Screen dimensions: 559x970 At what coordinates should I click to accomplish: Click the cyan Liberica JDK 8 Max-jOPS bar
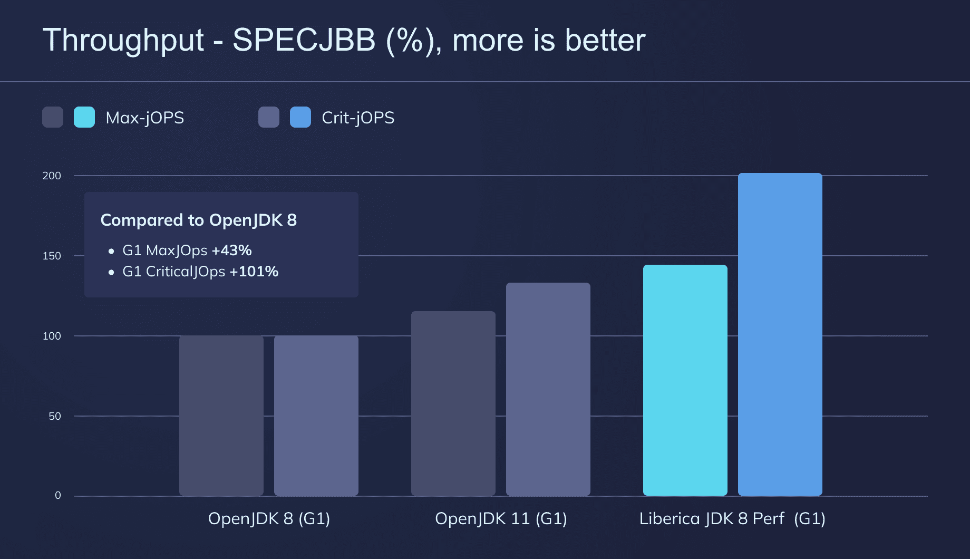click(685, 380)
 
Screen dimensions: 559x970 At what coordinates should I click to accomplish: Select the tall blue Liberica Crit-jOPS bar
click(780, 334)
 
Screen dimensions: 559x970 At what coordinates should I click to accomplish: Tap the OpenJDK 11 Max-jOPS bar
click(453, 403)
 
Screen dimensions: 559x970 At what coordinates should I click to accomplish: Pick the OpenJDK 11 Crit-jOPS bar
click(548, 389)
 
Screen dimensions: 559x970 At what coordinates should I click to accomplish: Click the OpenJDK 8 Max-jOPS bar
click(221, 416)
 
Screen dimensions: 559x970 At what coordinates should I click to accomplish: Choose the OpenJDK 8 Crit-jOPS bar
click(316, 416)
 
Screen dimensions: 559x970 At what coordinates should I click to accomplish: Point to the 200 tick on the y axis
click(52, 176)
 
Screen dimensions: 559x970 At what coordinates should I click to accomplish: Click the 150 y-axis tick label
click(52, 256)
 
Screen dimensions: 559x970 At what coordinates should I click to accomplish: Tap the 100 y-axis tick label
click(52, 336)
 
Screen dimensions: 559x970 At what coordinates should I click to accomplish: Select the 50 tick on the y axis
click(55, 416)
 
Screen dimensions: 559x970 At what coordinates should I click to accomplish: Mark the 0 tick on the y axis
click(58, 495)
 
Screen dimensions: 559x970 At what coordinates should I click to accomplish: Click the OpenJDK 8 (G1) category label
click(269, 518)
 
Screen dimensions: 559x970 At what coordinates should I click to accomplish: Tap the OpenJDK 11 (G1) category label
click(501, 518)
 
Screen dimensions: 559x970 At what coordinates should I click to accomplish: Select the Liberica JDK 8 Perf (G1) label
click(732, 518)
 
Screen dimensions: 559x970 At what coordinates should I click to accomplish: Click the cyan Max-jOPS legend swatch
click(84, 117)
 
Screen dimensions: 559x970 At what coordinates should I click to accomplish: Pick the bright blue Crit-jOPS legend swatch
click(300, 117)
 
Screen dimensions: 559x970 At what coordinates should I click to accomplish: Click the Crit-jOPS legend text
click(358, 117)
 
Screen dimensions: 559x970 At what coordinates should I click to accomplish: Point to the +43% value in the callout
click(231, 250)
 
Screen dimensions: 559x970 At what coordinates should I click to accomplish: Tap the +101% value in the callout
click(254, 272)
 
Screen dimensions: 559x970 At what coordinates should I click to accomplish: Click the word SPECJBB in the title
click(304, 40)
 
